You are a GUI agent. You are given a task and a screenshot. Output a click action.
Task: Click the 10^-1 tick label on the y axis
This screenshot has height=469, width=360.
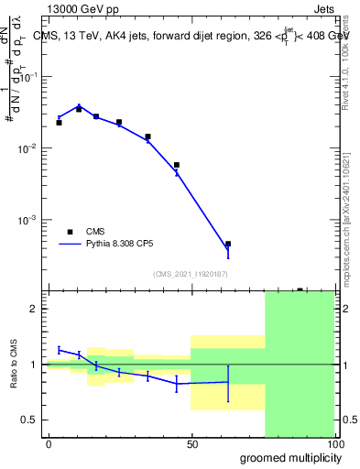[29, 77]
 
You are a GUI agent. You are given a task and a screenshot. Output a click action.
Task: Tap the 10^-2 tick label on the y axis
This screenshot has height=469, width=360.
[29, 148]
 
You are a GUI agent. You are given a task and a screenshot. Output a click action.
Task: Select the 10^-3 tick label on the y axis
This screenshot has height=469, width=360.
[29, 220]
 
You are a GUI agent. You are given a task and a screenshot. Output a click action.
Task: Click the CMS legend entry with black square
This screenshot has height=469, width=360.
[94, 232]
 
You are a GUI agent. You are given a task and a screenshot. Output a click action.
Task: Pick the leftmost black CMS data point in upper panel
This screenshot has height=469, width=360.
[59, 122]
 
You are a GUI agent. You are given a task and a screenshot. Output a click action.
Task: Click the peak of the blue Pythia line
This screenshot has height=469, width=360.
[79, 106]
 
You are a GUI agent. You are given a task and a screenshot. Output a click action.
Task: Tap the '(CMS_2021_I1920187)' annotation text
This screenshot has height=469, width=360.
[189, 274]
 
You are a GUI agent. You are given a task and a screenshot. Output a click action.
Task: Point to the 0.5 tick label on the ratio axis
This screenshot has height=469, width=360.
[29, 420]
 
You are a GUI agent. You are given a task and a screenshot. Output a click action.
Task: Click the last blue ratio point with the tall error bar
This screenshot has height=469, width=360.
[227, 382]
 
